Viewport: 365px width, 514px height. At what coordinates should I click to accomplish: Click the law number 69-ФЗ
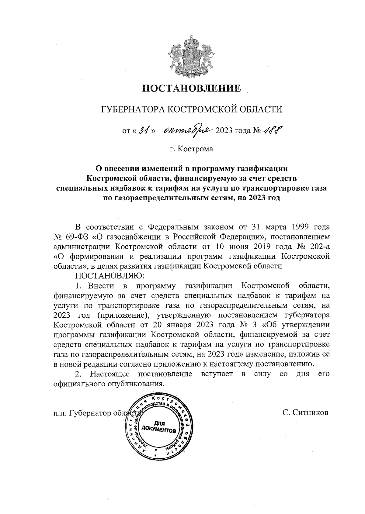coord(74,236)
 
